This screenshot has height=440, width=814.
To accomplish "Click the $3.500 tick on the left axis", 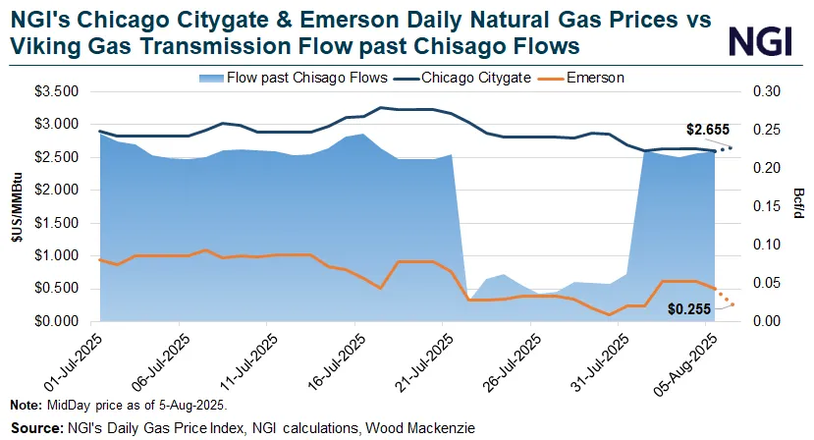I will (x=64, y=91).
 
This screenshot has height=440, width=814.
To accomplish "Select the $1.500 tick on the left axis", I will (x=64, y=223).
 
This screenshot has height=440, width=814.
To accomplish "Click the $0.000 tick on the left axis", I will (x=64, y=321).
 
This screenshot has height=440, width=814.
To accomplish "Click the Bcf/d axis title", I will (x=799, y=206).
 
